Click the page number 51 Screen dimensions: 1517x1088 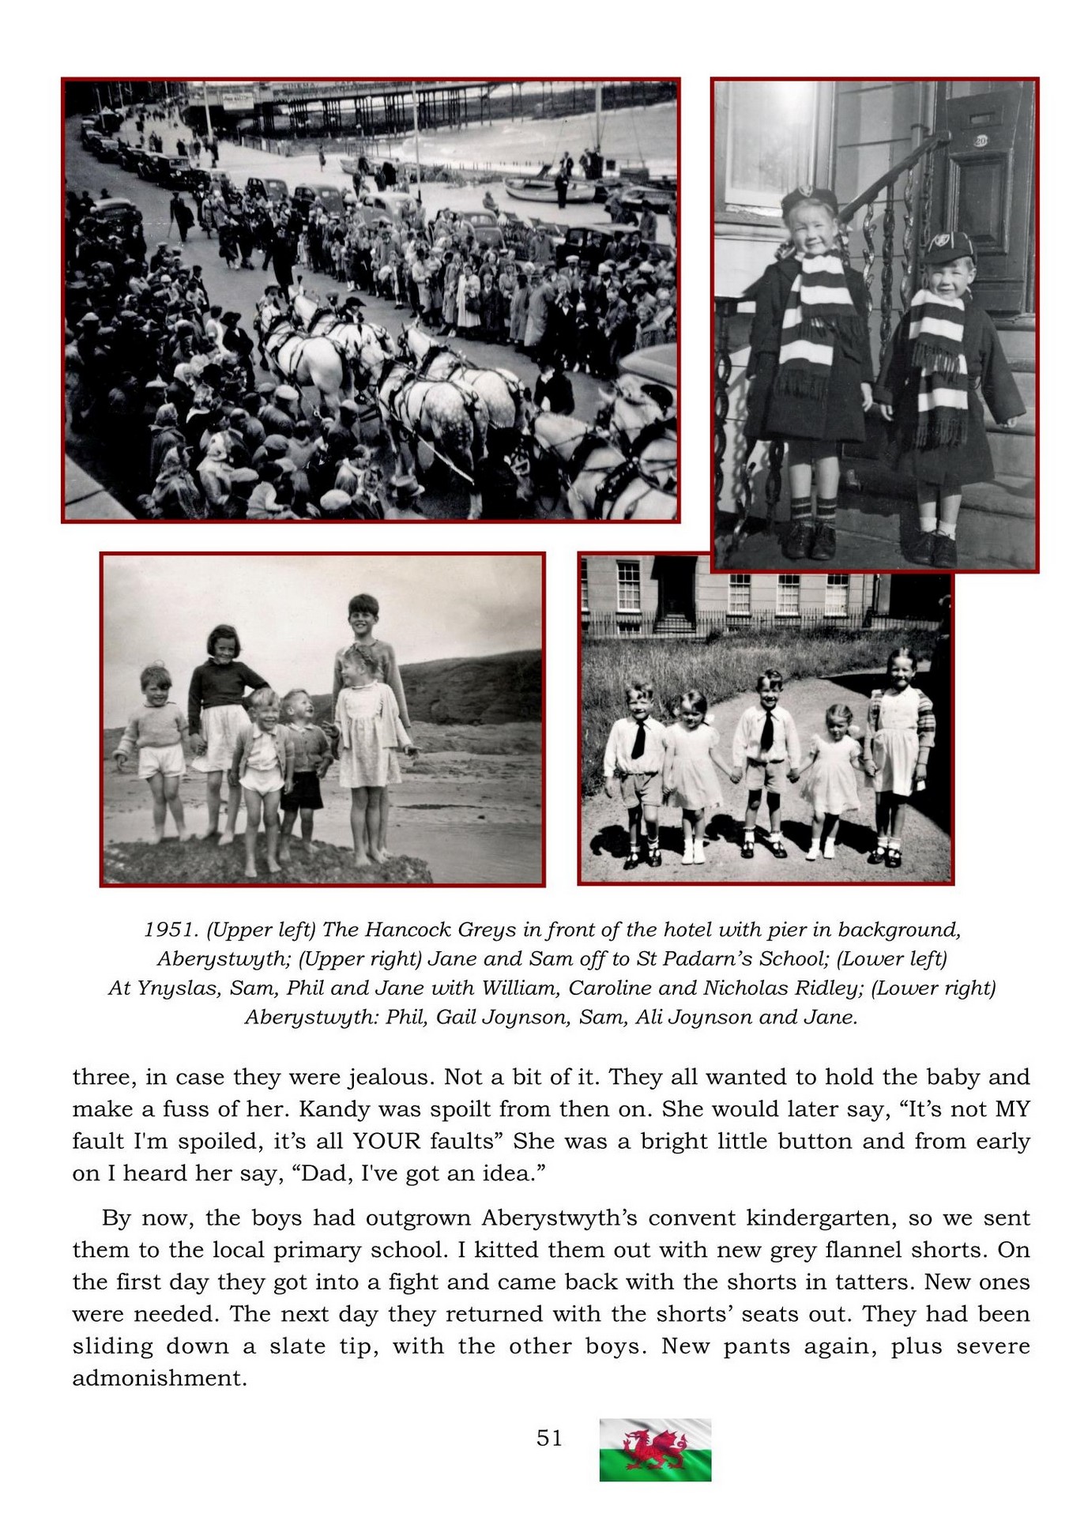tap(549, 1437)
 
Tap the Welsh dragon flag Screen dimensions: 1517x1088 tap(655, 1449)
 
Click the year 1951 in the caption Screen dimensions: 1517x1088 tap(169, 929)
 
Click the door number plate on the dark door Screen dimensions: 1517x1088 tap(981, 141)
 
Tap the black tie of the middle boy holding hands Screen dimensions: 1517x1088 tap(766, 729)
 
